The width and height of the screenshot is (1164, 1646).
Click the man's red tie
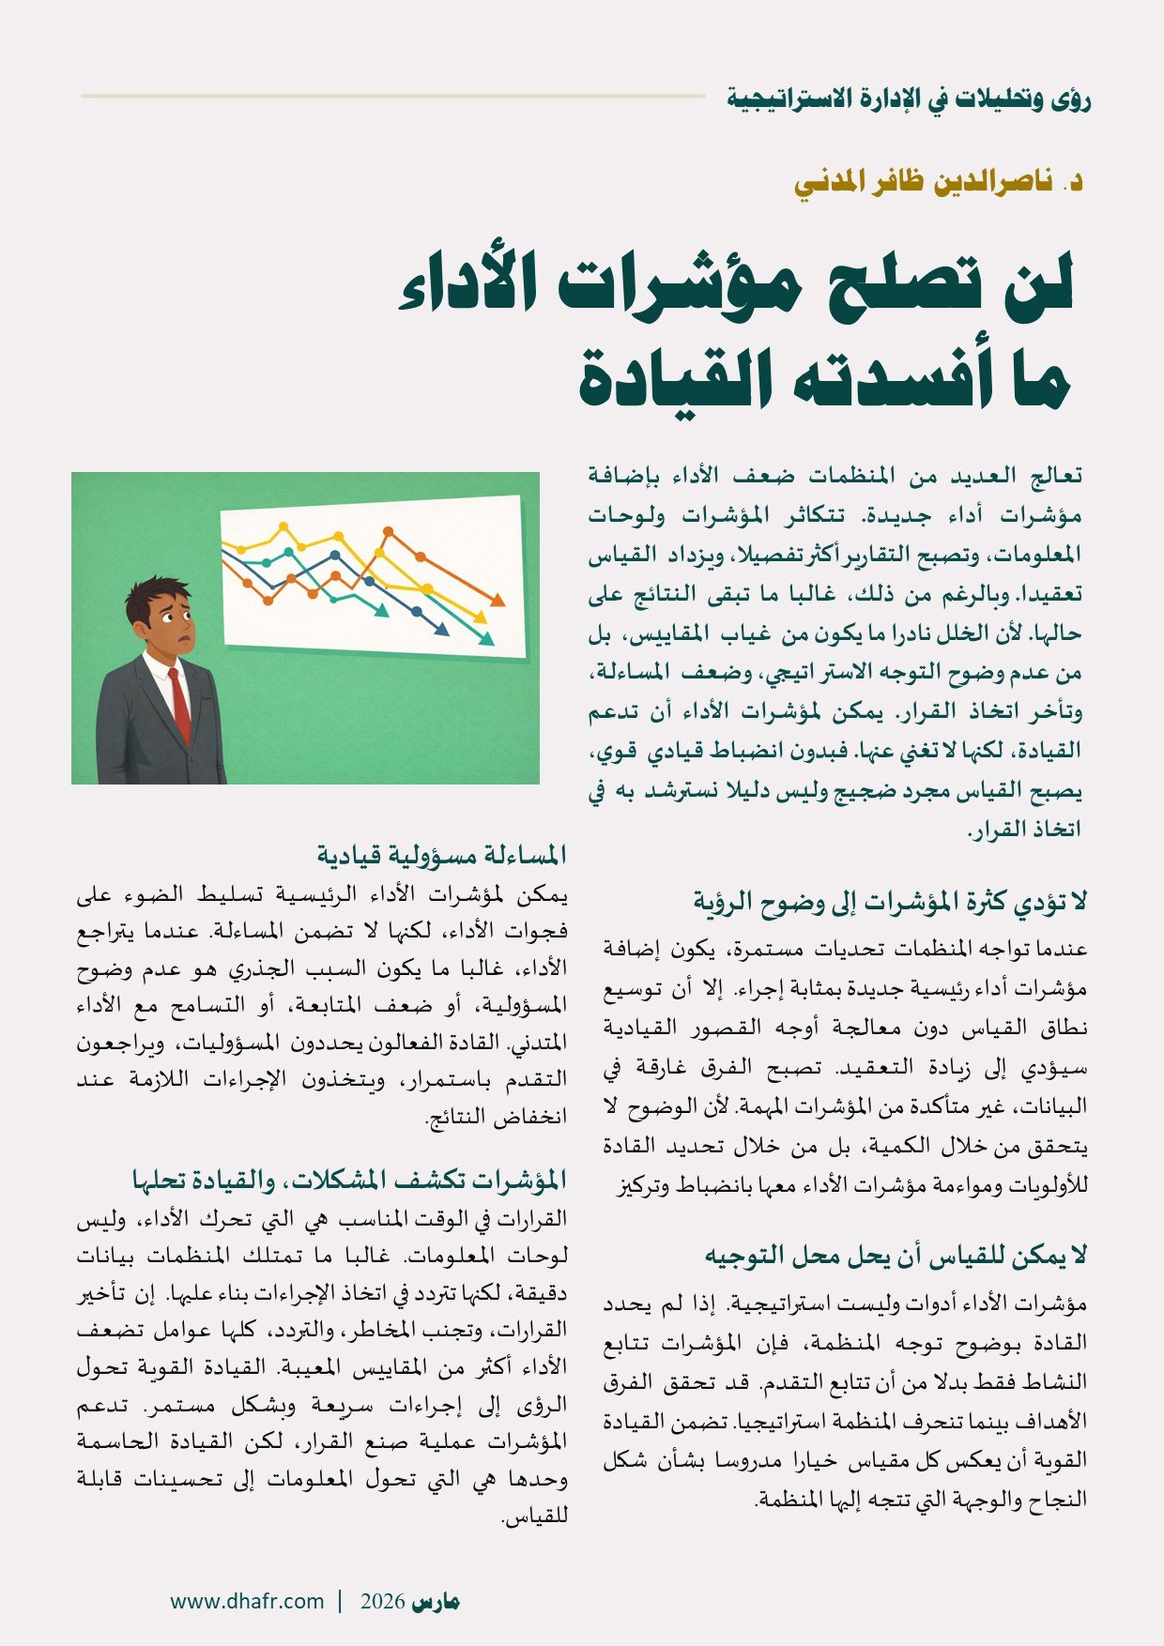179,705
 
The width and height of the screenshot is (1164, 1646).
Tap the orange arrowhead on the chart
498,600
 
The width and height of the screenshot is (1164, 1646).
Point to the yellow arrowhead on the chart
481,617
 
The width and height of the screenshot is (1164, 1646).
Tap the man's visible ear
145,626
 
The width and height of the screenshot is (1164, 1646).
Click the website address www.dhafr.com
247,1601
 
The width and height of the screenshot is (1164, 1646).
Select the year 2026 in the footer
383,1601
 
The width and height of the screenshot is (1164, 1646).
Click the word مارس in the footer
436,1602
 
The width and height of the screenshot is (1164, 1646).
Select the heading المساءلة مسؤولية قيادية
441,855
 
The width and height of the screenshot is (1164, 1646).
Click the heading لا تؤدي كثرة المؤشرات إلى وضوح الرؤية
890,902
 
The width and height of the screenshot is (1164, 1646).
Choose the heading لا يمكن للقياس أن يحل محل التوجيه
896,1255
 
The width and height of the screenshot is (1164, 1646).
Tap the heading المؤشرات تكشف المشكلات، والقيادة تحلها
350,1179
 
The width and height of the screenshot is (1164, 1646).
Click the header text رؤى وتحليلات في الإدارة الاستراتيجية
909,98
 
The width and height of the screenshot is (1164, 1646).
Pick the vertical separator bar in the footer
340,1601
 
